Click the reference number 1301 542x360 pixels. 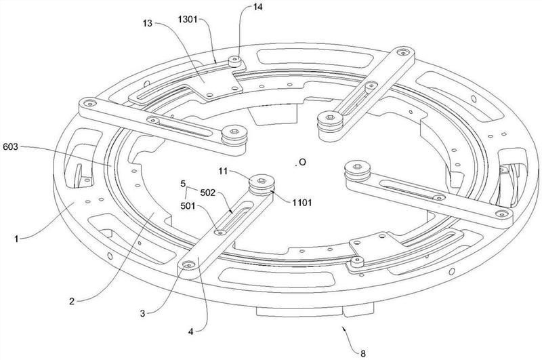click(x=188, y=20)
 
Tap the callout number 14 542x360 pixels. click(x=257, y=7)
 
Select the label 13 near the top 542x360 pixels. click(x=148, y=24)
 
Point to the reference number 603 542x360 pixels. click(x=10, y=147)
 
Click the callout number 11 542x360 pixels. click(x=224, y=171)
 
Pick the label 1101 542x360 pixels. click(x=302, y=203)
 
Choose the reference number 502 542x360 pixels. click(x=208, y=193)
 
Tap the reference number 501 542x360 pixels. click(x=188, y=207)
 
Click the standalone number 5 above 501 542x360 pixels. click(x=183, y=184)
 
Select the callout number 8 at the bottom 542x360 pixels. click(x=363, y=354)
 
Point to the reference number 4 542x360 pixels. click(x=191, y=332)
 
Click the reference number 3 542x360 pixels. click(x=142, y=314)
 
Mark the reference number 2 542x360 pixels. click(x=72, y=302)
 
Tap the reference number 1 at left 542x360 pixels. click(x=16, y=239)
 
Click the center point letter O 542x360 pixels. click(x=302, y=162)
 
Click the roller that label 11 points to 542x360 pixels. click(x=262, y=185)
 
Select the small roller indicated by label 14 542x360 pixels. click(x=234, y=61)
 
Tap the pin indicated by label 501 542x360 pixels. click(x=220, y=233)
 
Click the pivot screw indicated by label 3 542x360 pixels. click(x=188, y=265)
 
